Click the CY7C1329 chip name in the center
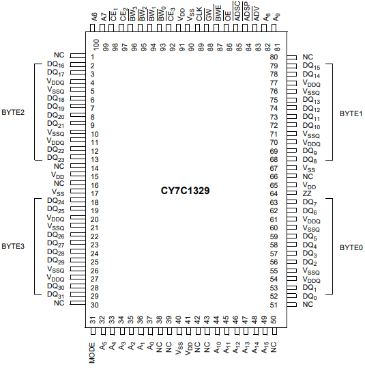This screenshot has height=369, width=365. pyautogui.click(x=185, y=191)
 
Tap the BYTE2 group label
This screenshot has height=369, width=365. pyautogui.click(x=13, y=112)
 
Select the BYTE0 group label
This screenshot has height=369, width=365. pyautogui.click(x=351, y=247)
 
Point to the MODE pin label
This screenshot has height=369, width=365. pyautogui.click(x=92, y=353)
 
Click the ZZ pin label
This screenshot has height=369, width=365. pyautogui.click(x=307, y=193)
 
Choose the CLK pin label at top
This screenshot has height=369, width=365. pyautogui.click(x=199, y=14)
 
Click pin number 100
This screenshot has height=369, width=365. pyautogui.click(x=96, y=44)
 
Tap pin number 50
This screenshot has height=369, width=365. pyautogui.click(x=274, y=320)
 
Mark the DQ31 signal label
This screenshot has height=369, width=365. pyautogui.click(x=56, y=295)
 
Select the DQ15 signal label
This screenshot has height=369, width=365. pyautogui.click(x=311, y=66)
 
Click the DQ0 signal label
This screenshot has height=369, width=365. pyautogui.click(x=310, y=297)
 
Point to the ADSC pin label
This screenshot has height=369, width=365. pyautogui.click(x=237, y=11)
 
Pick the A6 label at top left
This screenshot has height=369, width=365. pyautogui.click(x=94, y=17)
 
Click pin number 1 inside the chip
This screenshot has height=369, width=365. pyautogui.click(x=93, y=57)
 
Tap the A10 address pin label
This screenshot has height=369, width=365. pyautogui.click(x=217, y=348)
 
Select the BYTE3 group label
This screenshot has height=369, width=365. pyautogui.click(x=13, y=246)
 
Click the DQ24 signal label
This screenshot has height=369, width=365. pyautogui.click(x=56, y=201)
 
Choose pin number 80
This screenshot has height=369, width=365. pyautogui.click(x=274, y=57)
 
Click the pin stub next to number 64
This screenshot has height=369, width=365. pyautogui.click(x=292, y=193)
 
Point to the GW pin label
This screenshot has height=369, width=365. pyautogui.click(x=209, y=15)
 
